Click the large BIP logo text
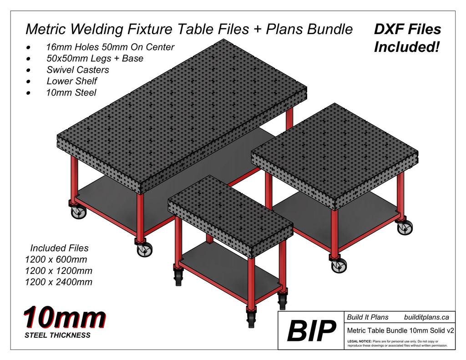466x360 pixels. (x=311, y=331)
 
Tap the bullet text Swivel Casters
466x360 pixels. (x=77, y=70)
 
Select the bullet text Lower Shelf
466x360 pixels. (x=71, y=81)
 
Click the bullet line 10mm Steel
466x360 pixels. (x=71, y=92)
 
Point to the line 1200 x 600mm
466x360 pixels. (x=56, y=260)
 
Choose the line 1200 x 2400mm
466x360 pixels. (x=59, y=282)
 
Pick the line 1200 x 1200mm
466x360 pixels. (x=59, y=271)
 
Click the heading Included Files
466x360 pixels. (x=59, y=248)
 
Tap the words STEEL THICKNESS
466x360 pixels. (x=57, y=335)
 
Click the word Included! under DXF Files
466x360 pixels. (x=406, y=46)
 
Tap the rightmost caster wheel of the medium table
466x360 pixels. (x=405, y=227)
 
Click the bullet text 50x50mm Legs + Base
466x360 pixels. (x=95, y=58)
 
